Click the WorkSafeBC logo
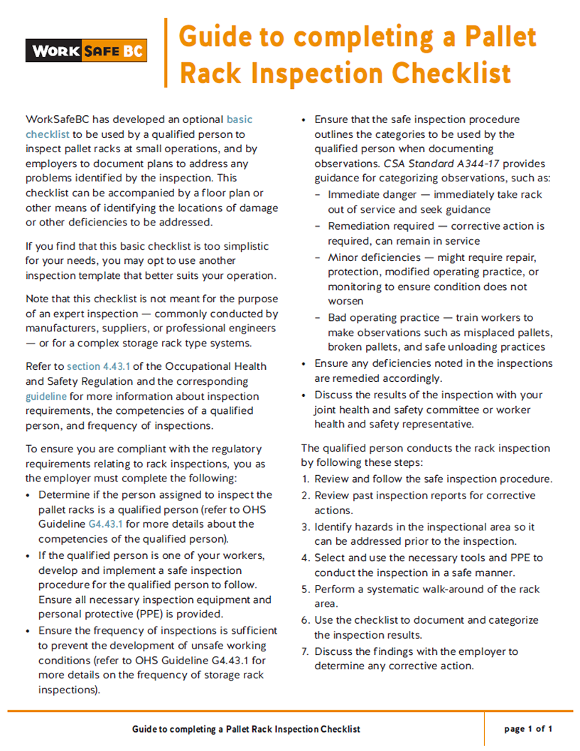[x=86, y=51]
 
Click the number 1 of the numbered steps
[x=305, y=479]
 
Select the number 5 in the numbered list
[x=306, y=590]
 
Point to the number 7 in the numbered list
[x=306, y=651]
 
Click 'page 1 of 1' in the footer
[x=528, y=729]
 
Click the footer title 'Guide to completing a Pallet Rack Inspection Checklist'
[x=246, y=729]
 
